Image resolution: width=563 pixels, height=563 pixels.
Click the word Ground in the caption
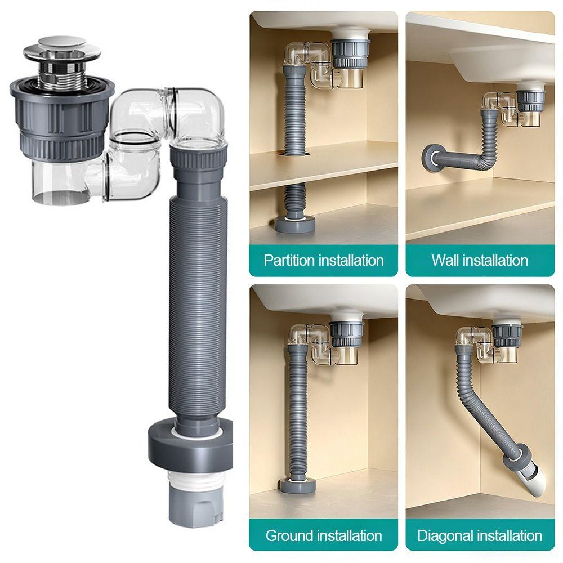pyautogui.click(x=287, y=536)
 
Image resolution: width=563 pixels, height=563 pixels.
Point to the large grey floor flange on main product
pyautogui.click(x=190, y=445)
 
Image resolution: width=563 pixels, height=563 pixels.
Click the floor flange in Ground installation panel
pyautogui.click(x=297, y=484)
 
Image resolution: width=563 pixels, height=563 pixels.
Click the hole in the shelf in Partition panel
pyautogui.click(x=295, y=154)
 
